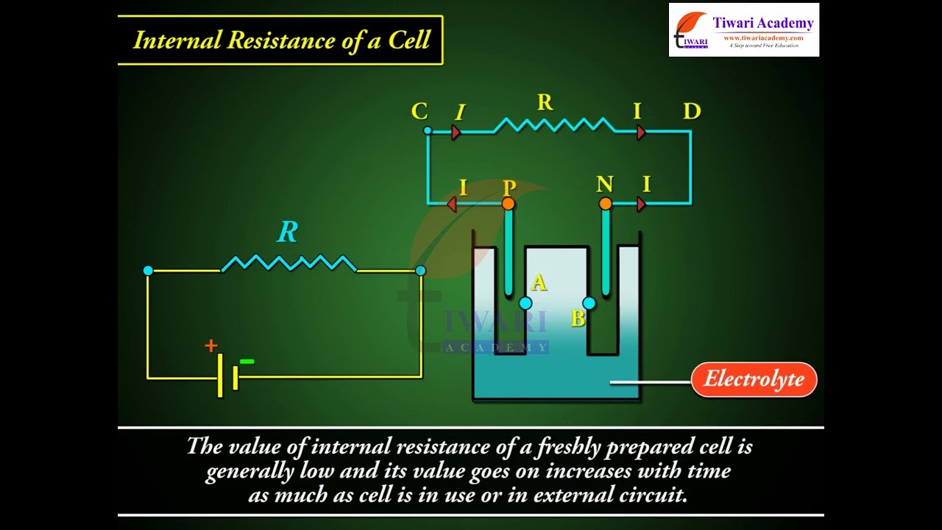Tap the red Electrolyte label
click(754, 380)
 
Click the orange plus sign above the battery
click(211, 345)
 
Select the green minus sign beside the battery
click(247, 361)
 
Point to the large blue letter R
click(288, 233)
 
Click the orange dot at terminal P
click(508, 203)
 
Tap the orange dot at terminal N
click(605, 203)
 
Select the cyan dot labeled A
click(525, 303)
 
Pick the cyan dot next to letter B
click(589, 303)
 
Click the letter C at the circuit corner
click(419, 112)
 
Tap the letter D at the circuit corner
click(692, 112)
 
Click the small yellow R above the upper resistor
click(545, 103)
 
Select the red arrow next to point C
click(456, 132)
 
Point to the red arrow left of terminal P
click(452, 204)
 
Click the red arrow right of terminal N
click(641, 204)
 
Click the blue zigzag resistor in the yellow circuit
click(288, 263)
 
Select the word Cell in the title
click(409, 40)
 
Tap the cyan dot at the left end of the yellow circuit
click(148, 271)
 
